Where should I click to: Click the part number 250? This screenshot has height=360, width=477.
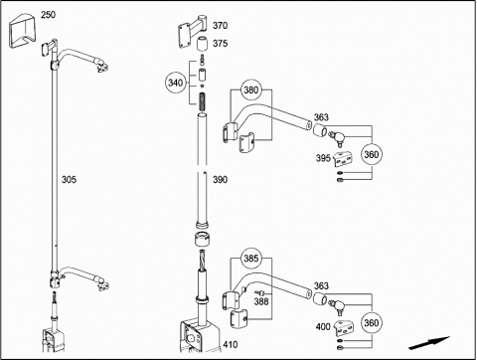[48, 15]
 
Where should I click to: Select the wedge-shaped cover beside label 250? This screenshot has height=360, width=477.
[21, 31]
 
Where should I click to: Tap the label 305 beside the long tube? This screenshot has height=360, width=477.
[69, 180]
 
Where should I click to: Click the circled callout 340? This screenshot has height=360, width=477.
[176, 83]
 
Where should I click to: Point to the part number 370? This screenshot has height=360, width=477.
[220, 26]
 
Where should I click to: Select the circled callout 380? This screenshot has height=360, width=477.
[251, 90]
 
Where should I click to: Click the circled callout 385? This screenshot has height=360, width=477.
[251, 259]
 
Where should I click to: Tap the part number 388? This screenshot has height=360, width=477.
[261, 301]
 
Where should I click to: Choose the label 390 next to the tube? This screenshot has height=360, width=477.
[220, 180]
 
